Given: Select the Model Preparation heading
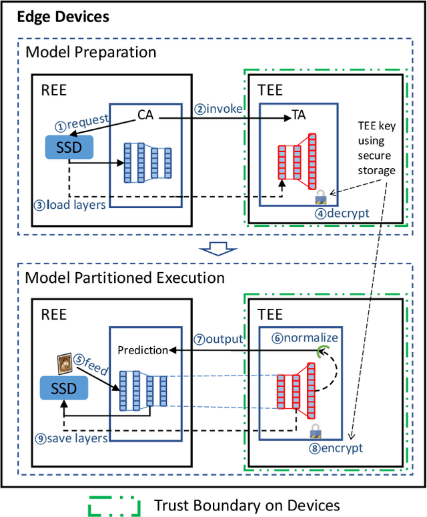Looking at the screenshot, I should click(x=90, y=52).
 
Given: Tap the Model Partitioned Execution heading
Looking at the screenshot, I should click(x=125, y=277).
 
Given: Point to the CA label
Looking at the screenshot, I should click(x=146, y=114).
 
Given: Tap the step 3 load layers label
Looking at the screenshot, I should click(x=69, y=205).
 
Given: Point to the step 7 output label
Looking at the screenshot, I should click(x=218, y=339).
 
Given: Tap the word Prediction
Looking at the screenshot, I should click(x=141, y=350).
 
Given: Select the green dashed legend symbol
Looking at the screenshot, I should click(x=113, y=504).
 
